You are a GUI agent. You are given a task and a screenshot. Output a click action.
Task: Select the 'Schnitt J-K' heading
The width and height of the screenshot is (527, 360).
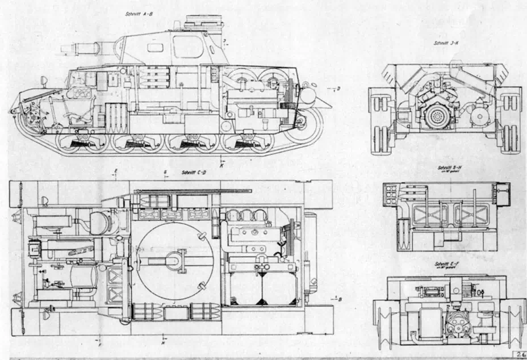(x=443, y=43)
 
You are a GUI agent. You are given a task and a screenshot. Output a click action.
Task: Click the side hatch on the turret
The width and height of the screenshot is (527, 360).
(x=188, y=47)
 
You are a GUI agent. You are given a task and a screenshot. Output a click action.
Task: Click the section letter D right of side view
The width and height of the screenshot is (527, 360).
(x=338, y=88)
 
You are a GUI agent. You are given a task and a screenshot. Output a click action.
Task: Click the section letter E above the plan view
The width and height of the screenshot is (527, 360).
(x=116, y=170)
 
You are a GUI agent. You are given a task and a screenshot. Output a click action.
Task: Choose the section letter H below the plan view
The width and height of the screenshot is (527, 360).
(x=163, y=343)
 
